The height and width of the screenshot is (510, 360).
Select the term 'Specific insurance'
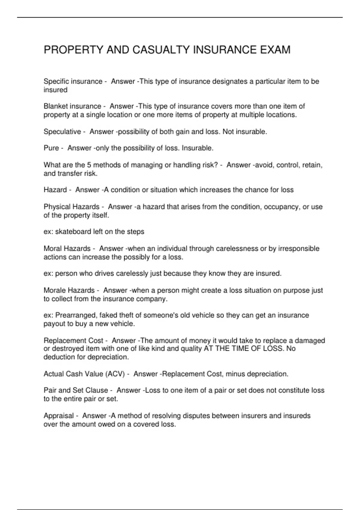coord(73,82)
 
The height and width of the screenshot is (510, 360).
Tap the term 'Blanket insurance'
coord(72,106)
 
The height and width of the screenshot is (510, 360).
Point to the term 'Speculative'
coord(62,132)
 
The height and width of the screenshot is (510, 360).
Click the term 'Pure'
coord(51,148)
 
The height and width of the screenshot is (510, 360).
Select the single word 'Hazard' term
coord(55,190)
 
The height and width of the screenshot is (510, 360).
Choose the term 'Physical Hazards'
coord(71,207)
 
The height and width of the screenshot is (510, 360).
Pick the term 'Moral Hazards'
coord(67,249)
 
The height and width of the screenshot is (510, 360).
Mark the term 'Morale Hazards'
coord(69,290)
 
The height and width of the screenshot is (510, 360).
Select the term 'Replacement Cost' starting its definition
coord(73,340)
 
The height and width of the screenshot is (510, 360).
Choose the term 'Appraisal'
coord(58,416)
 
